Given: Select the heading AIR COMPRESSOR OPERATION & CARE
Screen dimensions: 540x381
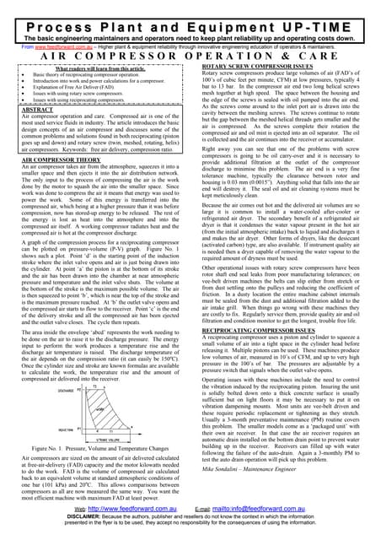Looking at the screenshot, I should click(190, 50).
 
